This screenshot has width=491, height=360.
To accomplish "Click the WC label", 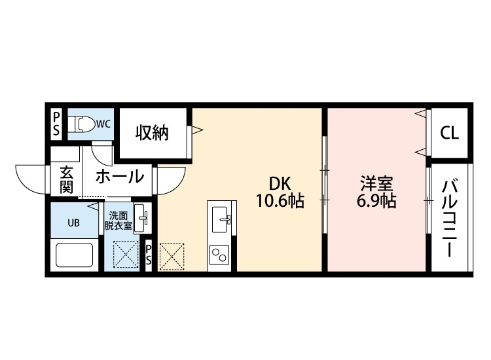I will [x=103, y=123].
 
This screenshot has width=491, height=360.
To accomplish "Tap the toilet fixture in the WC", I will [x=82, y=123].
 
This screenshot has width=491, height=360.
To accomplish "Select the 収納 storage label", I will [x=152, y=132].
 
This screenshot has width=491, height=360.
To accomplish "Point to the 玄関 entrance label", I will [x=66, y=180].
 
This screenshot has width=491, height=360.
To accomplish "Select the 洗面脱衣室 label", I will [x=118, y=220].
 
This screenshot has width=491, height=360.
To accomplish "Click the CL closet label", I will [x=449, y=133].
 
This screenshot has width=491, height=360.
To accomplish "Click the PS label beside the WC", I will [x=56, y=123].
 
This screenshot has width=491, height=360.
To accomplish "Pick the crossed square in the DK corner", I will [x=172, y=257].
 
